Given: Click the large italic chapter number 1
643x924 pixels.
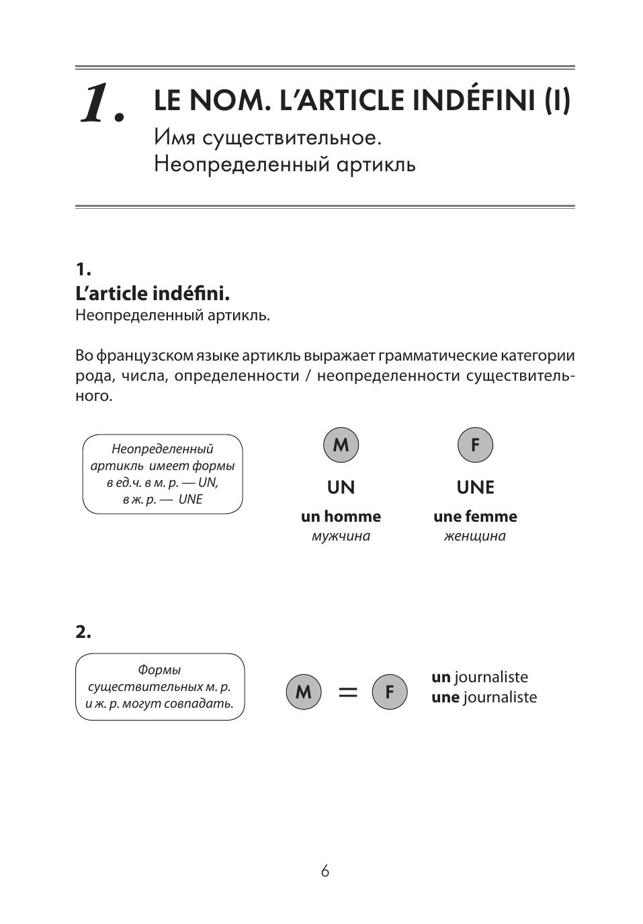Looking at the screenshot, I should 101,104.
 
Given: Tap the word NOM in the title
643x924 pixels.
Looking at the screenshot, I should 224,101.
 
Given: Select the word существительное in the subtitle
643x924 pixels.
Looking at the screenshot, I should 292,137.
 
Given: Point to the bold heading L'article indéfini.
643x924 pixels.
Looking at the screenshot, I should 153,293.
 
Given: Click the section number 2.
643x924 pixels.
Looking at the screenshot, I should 83,632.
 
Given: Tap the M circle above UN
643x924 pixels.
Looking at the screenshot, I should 341,445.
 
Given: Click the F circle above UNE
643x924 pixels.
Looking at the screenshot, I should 475,445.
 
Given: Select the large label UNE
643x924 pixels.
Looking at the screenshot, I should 475,487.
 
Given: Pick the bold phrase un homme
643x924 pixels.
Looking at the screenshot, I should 341,516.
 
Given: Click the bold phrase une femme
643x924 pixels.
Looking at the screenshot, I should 475,516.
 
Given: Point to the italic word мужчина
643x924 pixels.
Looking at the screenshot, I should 341,536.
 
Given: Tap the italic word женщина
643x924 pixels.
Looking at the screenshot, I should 475,536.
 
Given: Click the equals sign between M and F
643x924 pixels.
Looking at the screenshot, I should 347,692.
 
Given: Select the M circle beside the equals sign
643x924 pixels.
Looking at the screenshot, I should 304,692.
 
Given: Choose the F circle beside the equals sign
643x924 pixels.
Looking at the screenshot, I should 390,692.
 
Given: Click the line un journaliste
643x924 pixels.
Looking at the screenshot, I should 480,677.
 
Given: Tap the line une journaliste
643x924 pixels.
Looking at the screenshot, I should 484,697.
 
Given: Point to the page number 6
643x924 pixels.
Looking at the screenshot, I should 325,871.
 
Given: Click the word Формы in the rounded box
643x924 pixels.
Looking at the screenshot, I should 159,669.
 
